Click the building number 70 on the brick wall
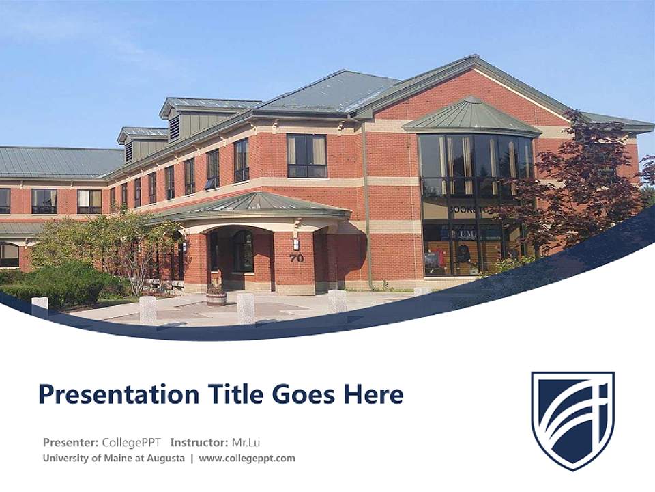click(x=296, y=258)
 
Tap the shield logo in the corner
click(x=572, y=420)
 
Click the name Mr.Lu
click(x=246, y=442)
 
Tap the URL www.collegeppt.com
click(x=247, y=459)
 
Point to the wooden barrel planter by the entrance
click(x=216, y=297)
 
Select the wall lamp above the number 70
click(x=296, y=243)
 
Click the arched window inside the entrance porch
click(x=243, y=250)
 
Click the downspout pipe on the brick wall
click(x=366, y=205)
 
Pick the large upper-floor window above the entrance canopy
click(x=306, y=156)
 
